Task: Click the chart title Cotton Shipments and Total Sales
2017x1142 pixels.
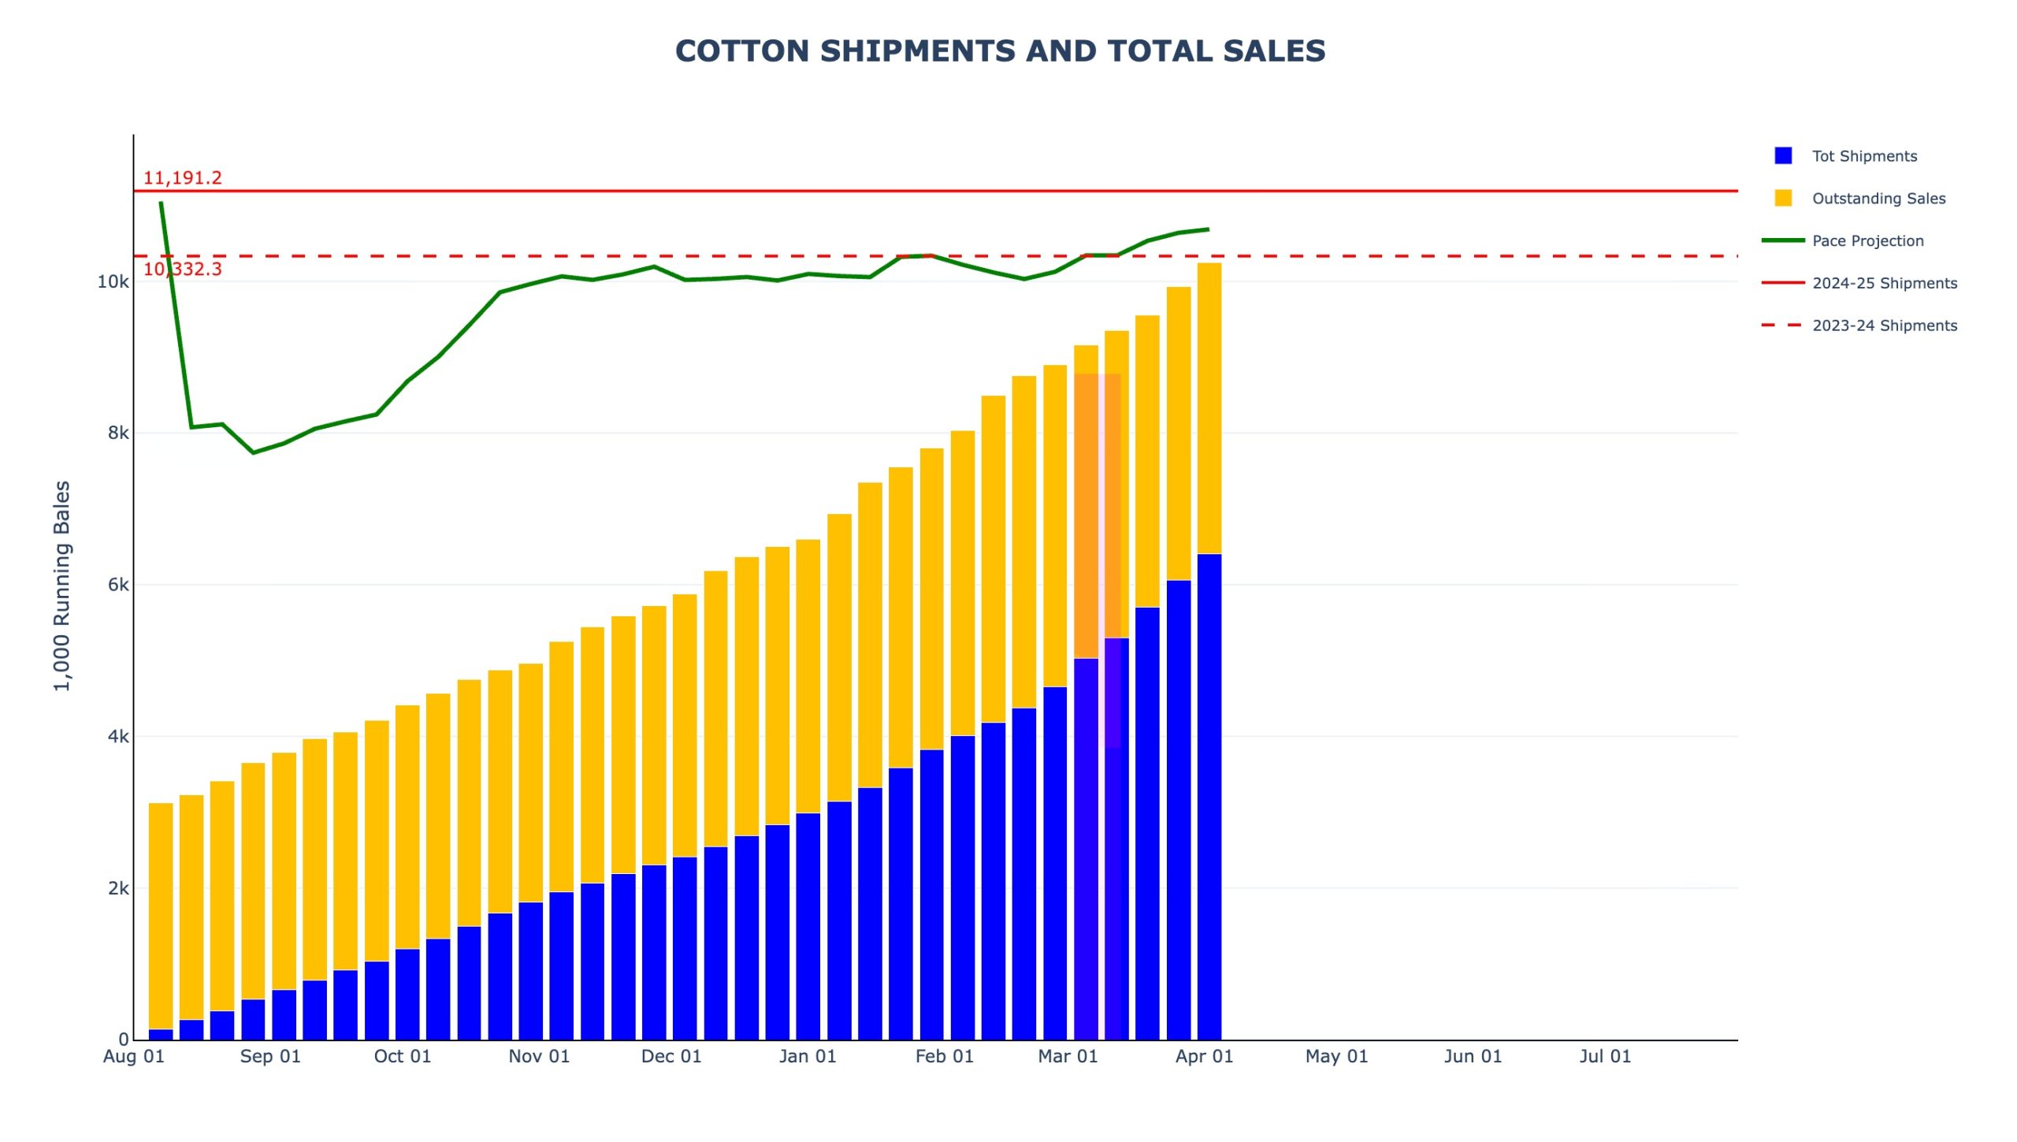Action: point(1000,51)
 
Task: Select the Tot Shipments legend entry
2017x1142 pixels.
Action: point(1863,156)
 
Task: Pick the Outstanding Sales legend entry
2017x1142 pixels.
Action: point(1878,199)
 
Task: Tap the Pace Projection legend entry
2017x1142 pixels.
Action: point(1867,241)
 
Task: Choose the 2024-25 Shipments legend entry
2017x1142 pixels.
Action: point(1884,283)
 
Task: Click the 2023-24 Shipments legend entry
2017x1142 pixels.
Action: point(1884,325)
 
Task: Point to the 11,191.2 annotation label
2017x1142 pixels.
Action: point(182,178)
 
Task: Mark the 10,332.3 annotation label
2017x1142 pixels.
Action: point(182,270)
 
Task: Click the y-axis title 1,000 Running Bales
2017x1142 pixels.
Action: point(62,586)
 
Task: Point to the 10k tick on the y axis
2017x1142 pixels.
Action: point(113,282)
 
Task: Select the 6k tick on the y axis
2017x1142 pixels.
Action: point(118,585)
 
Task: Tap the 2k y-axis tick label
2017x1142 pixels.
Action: point(118,888)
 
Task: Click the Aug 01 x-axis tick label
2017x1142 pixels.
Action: point(134,1056)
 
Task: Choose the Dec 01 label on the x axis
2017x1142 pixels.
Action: point(671,1056)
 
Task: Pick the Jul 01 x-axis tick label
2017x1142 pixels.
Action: point(1605,1056)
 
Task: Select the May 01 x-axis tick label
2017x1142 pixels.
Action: point(1336,1056)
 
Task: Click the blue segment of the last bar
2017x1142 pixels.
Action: point(1209,796)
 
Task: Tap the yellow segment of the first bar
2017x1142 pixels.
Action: point(161,914)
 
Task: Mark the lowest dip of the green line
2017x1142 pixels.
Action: point(253,452)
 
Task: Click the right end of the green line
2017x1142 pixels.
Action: point(1209,229)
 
